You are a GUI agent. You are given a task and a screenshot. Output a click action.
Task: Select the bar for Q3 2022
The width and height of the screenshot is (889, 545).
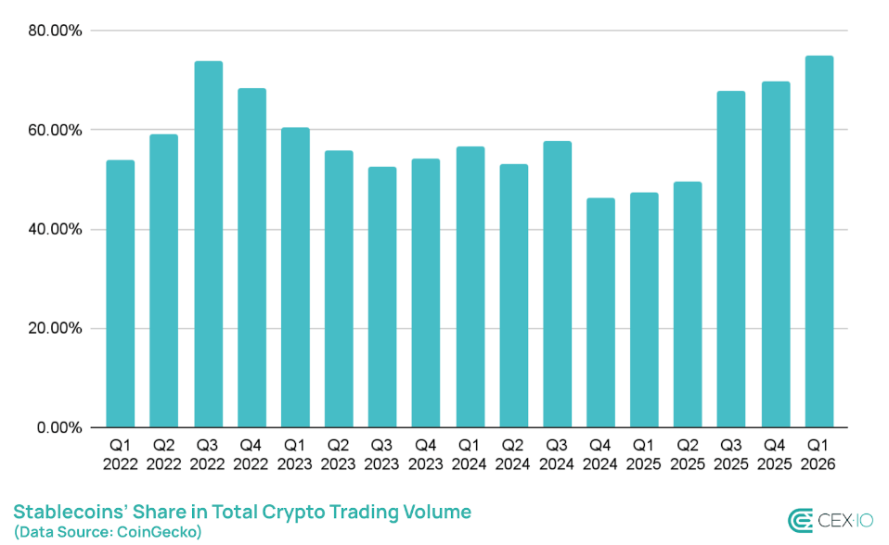point(208,245)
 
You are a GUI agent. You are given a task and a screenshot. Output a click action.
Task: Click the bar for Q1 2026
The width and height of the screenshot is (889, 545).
point(819,242)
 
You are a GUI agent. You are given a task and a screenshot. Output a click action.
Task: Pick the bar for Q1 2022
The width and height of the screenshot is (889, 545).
point(121,294)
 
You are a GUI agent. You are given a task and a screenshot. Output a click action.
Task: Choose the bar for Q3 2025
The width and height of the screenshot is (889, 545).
point(731,260)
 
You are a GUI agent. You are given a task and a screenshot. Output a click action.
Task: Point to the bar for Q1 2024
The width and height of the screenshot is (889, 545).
point(470,287)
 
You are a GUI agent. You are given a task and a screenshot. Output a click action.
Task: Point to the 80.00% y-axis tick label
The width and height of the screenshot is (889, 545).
point(56,31)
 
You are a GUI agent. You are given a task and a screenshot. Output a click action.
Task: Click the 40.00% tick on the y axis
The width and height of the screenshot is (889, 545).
point(56,229)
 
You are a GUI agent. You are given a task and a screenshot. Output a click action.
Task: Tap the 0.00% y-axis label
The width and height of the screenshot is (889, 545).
point(59,427)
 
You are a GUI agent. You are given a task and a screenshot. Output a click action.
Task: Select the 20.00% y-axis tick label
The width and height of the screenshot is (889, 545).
point(56,328)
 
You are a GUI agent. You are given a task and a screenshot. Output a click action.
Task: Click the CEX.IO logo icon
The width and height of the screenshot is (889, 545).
point(800,522)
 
